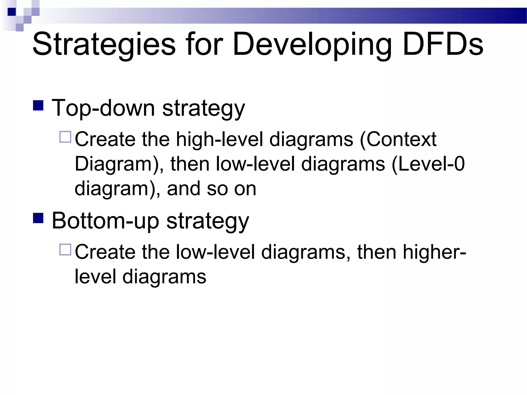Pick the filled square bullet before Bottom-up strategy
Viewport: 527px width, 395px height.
click(38, 218)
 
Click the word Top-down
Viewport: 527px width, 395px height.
click(103, 108)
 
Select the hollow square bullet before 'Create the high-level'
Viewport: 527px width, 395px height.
click(65, 137)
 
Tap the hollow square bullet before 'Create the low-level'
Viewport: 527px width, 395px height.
click(65, 249)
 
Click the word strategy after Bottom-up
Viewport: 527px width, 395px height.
click(208, 221)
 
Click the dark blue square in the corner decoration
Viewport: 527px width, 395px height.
click(12, 12)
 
